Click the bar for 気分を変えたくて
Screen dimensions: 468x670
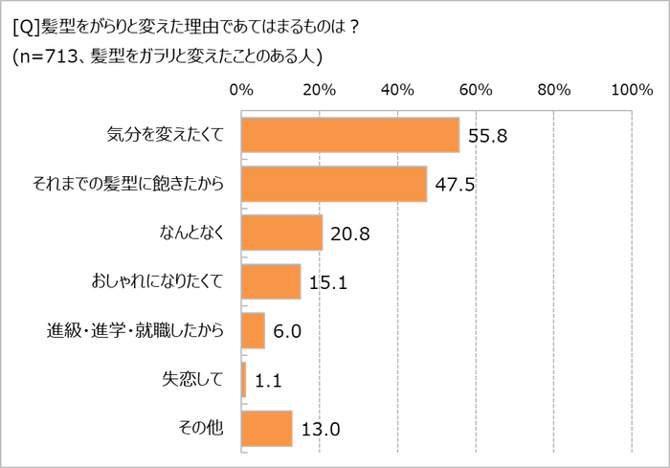click(x=350, y=135)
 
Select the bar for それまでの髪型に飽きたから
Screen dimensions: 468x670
click(x=334, y=184)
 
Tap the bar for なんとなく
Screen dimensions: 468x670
click(x=282, y=233)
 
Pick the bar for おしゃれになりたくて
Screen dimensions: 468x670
click(x=271, y=281)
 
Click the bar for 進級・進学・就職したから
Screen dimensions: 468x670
click(x=253, y=330)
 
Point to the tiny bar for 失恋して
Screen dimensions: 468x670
click(x=244, y=379)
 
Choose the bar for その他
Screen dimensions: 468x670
click(x=267, y=428)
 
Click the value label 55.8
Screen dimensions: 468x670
click(x=487, y=136)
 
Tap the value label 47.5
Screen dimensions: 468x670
click(x=455, y=185)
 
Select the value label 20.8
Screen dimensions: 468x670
click(x=350, y=234)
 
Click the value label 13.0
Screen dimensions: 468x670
click(x=320, y=429)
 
